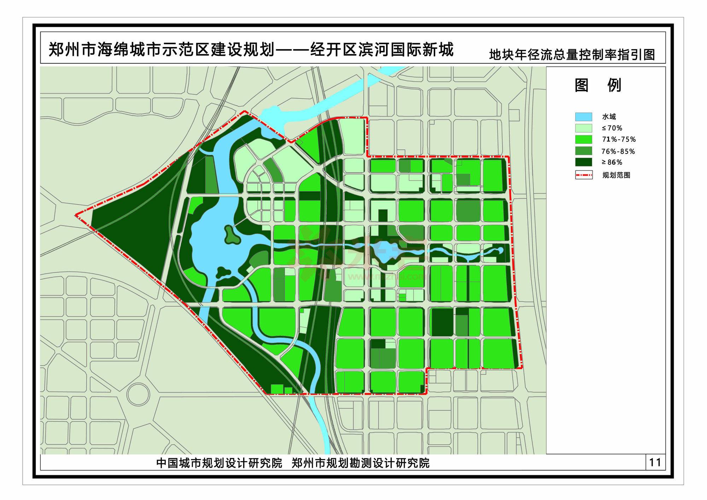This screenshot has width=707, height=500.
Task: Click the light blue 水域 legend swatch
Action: (x=583, y=117)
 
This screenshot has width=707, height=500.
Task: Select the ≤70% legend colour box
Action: (x=583, y=128)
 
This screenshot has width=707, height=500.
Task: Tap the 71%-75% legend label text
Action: (x=619, y=139)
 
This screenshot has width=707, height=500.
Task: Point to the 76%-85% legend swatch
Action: (x=583, y=151)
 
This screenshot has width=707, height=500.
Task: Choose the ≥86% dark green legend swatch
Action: (x=583, y=162)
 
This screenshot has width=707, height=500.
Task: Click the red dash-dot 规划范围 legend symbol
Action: (x=584, y=175)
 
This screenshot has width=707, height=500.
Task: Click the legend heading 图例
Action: (x=598, y=85)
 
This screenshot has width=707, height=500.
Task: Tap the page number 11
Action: (x=655, y=462)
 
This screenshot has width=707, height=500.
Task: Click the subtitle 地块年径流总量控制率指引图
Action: (x=572, y=55)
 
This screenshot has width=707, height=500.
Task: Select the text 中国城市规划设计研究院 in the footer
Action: (x=219, y=463)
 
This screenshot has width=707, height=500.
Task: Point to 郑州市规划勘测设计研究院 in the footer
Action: (x=361, y=463)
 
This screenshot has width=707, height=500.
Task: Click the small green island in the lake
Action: (x=230, y=235)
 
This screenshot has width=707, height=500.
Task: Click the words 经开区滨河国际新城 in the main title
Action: (x=382, y=50)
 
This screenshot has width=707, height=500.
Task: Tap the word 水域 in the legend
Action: (x=609, y=117)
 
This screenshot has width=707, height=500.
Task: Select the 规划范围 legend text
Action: (x=616, y=175)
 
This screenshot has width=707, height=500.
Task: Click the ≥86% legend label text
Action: (x=612, y=162)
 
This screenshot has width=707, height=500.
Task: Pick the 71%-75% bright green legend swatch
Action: (x=583, y=139)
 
